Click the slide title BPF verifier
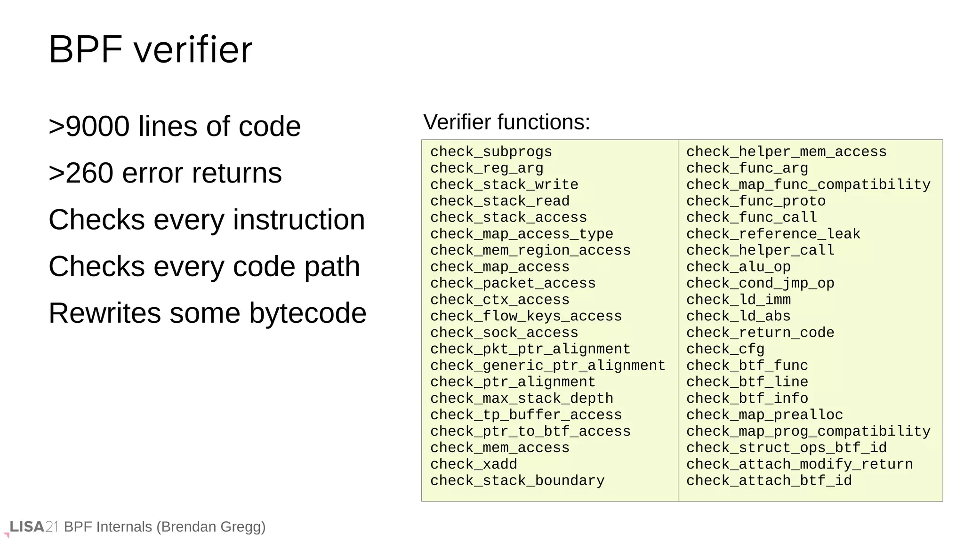pyautogui.click(x=150, y=49)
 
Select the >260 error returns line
pyautogui.click(x=165, y=173)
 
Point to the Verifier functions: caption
pyautogui.click(x=506, y=122)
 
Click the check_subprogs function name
pyautogui.click(x=491, y=152)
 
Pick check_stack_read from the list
pyautogui.click(x=499, y=201)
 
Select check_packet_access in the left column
pyautogui.click(x=513, y=283)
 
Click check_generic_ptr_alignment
pyautogui.click(x=547, y=366)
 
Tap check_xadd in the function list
pyautogui.click(x=474, y=464)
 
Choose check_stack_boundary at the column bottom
pyautogui.click(x=517, y=481)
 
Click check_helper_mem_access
pyautogui.click(x=786, y=152)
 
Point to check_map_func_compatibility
pyautogui.click(x=808, y=184)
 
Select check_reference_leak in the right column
pyautogui.click(x=773, y=234)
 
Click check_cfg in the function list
pyautogui.click(x=725, y=349)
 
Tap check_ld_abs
pyautogui.click(x=738, y=316)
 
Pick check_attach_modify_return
pyautogui.click(x=799, y=464)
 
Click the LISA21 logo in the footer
pyautogui.click(x=33, y=527)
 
